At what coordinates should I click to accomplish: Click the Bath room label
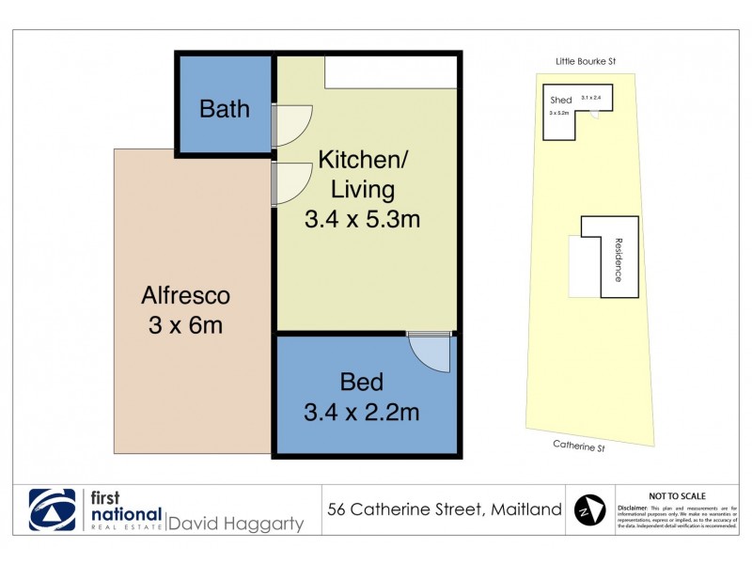[x=225, y=108]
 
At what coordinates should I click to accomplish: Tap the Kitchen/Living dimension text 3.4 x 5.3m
[x=361, y=220]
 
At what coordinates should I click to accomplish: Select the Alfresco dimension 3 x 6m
[x=185, y=327]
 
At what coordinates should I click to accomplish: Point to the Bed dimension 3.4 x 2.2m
[x=361, y=412]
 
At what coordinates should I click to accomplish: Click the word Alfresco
[x=185, y=296]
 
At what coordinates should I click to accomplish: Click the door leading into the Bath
[x=291, y=125]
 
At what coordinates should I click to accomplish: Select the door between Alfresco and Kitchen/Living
[x=291, y=182]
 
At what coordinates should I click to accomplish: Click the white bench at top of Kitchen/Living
[x=391, y=72]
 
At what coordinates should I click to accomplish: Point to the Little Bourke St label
[x=584, y=62]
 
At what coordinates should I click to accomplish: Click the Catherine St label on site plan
[x=579, y=447]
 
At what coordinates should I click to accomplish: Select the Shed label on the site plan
[x=560, y=101]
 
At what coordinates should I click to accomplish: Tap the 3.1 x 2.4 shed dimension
[x=590, y=98]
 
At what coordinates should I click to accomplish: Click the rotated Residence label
[x=619, y=259]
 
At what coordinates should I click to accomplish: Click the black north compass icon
[x=588, y=510]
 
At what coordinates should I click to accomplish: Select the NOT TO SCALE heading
[x=677, y=495]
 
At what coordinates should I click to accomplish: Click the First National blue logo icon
[x=53, y=510]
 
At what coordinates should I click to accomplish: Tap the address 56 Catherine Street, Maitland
[x=445, y=510]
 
